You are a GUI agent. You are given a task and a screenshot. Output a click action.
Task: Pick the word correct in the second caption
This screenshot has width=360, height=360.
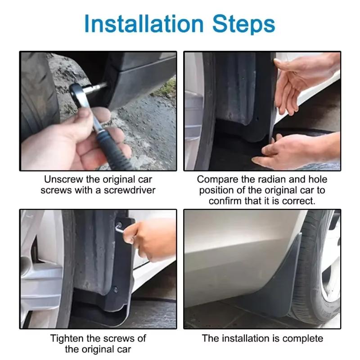point(297,201)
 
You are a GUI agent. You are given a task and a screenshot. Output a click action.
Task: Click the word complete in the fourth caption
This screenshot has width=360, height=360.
point(304,337)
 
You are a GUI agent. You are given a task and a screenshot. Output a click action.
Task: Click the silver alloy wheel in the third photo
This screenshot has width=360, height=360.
point(38,270)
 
